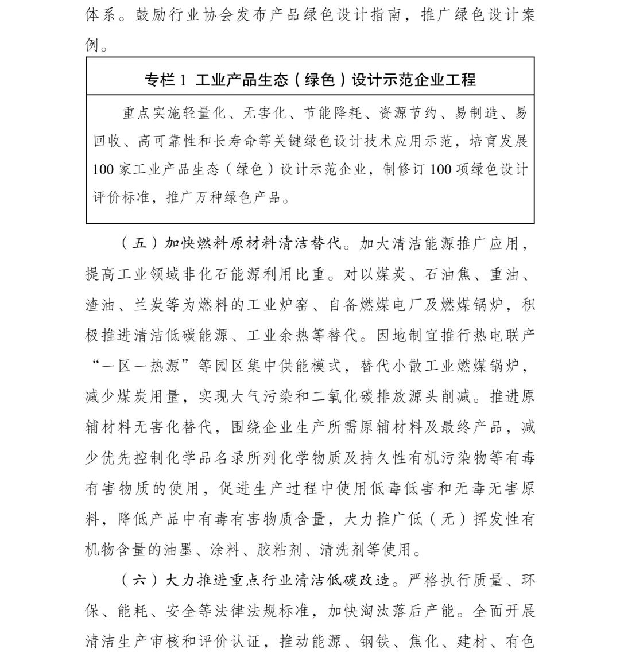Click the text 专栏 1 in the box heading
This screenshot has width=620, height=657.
pos(166,80)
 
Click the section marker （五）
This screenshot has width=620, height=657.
pos(140,244)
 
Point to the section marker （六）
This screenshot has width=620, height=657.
pos(140,580)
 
